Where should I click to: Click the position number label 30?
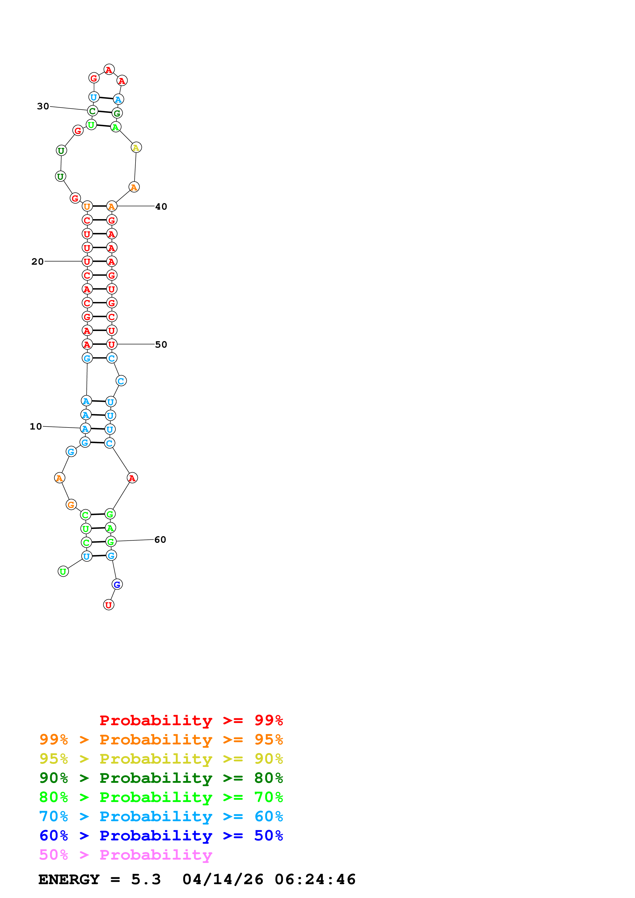click(43, 106)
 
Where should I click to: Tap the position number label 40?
click(161, 207)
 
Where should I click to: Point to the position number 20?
click(38, 262)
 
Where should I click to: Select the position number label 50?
click(161, 345)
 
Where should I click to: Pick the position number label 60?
click(160, 540)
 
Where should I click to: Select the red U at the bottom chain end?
click(108, 605)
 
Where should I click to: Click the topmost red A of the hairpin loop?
click(109, 70)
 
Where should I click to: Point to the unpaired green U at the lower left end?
click(63, 571)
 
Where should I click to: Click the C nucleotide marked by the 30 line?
click(92, 111)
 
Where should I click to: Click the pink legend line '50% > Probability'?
click(126, 855)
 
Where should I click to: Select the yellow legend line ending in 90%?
click(161, 759)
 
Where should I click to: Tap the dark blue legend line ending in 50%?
click(161, 836)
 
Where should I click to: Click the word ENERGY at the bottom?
click(69, 880)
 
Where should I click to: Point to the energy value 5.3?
click(146, 880)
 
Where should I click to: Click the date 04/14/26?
click(223, 880)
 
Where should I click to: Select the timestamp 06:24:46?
click(315, 880)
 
